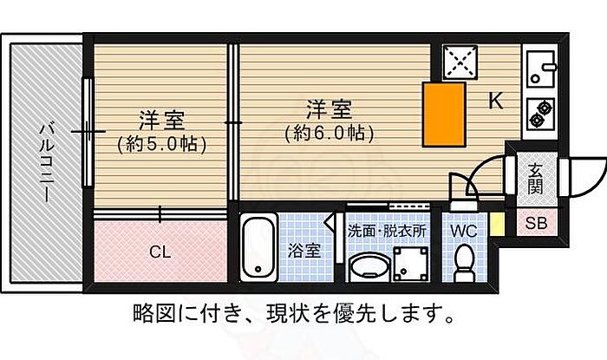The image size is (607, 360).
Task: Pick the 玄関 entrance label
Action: coord(534,176)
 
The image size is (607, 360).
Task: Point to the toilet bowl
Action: coord(464,262)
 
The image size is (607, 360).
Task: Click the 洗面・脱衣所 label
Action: coord(387,232)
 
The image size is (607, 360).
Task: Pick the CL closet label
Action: coord(159,252)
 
